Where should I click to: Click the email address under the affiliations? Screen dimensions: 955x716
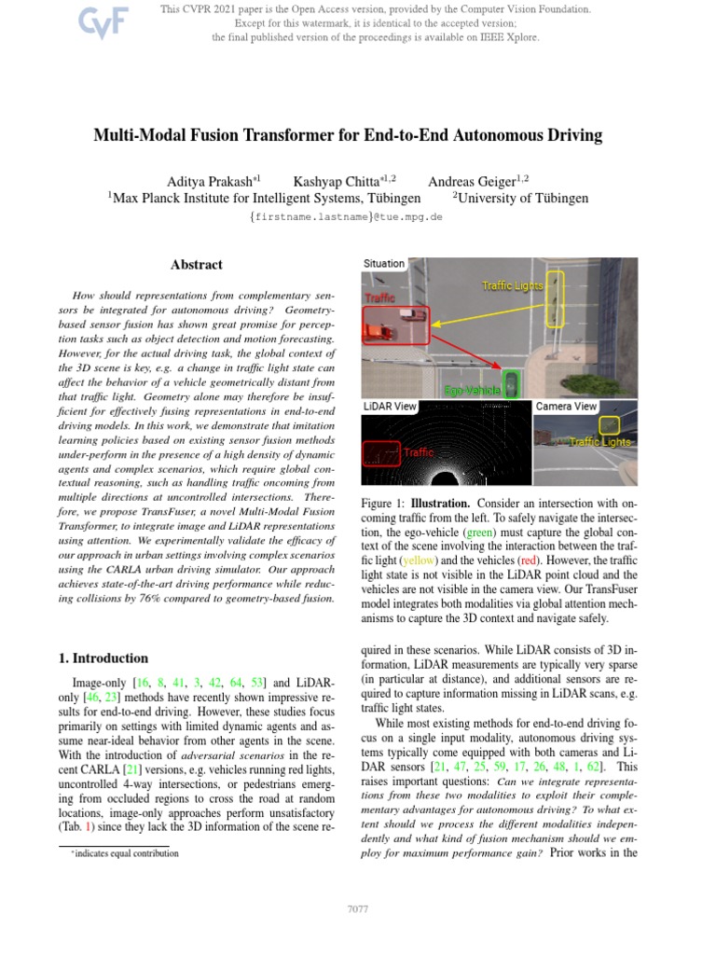pyautogui.click(x=346, y=217)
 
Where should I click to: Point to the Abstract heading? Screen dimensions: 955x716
pyautogui.click(x=197, y=266)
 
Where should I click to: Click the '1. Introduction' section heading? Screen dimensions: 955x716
pyautogui.click(x=103, y=657)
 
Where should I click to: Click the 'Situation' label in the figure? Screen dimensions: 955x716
pyautogui.click(x=384, y=264)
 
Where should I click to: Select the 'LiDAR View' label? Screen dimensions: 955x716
pyautogui.click(x=390, y=407)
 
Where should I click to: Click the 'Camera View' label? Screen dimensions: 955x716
pyautogui.click(x=566, y=407)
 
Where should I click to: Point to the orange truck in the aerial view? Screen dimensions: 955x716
pyautogui.click(x=381, y=329)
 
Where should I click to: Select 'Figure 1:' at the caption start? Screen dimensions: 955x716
pyautogui.click(x=383, y=504)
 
